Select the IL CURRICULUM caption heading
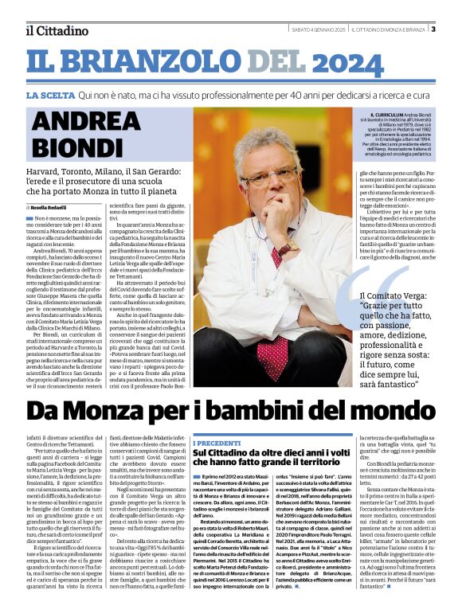pyautogui.click(x=378, y=115)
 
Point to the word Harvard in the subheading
pyautogui.click(x=47, y=171)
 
